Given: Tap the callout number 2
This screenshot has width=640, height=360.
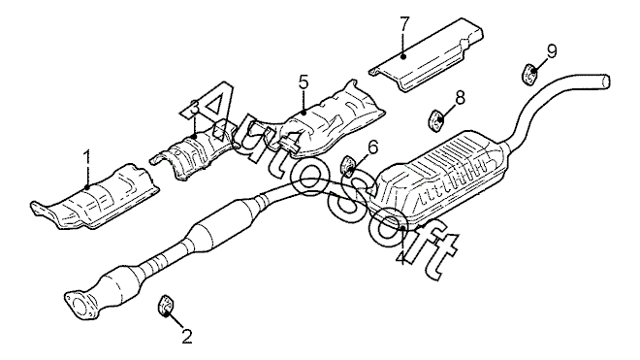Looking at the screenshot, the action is pos(186,337).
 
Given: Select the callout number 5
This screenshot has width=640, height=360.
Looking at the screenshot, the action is pos(304,82).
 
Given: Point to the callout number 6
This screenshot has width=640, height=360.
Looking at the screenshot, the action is pos(373,147).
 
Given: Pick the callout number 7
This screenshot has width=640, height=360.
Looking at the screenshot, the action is pos(403,25).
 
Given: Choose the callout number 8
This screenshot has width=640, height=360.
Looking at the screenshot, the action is pos(460,98).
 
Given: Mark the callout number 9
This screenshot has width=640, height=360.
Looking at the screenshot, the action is pos(552,51).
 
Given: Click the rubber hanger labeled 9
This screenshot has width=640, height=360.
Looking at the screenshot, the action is pos(529,75).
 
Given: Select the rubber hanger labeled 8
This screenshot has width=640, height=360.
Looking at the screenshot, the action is pos(435,120).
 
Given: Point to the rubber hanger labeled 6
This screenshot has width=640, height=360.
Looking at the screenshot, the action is pos(347,167).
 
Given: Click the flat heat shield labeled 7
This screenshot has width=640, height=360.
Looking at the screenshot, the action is pos(426,54).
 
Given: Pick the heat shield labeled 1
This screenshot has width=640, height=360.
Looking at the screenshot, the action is pos(95,197).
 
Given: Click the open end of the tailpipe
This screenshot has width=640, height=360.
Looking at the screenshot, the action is pos(606,81).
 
